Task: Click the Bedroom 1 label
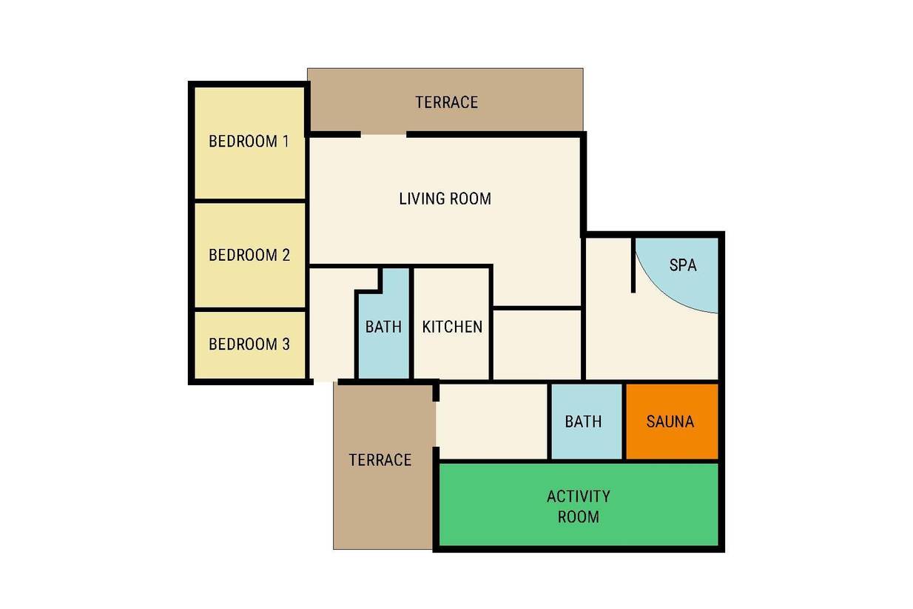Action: click(x=249, y=142)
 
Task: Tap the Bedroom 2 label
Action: click(x=249, y=255)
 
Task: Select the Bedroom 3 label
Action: click(x=249, y=344)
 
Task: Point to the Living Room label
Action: click(x=445, y=199)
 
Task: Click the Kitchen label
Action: click(x=452, y=327)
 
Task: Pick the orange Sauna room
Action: click(x=672, y=422)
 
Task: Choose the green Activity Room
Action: click(x=579, y=504)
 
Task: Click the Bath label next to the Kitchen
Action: click(x=383, y=327)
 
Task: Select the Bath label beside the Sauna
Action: click(x=583, y=422)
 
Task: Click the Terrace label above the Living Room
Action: click(x=447, y=102)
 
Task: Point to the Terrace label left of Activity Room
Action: click(x=380, y=460)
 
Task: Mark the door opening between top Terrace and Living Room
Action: click(x=383, y=134)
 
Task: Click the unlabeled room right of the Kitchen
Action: click(x=537, y=345)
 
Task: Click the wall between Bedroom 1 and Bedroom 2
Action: click(x=250, y=201)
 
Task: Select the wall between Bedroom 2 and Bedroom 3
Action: click(x=250, y=310)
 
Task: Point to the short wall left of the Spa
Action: click(x=633, y=265)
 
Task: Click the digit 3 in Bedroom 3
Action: click(x=286, y=344)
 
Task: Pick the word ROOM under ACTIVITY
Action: click(x=579, y=516)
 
